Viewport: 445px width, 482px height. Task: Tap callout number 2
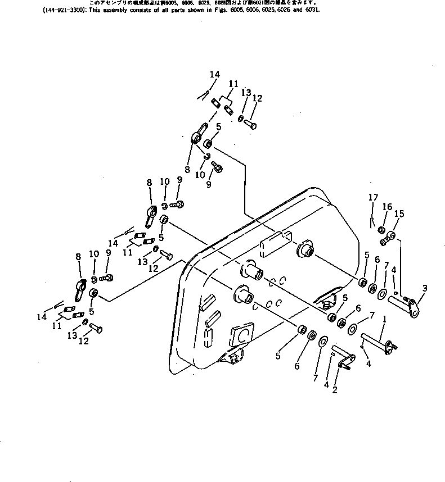coord(334,389)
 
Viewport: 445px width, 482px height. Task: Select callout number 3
coord(424,288)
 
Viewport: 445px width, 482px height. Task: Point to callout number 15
coord(399,213)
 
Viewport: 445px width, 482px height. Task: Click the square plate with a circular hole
coord(241,336)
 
